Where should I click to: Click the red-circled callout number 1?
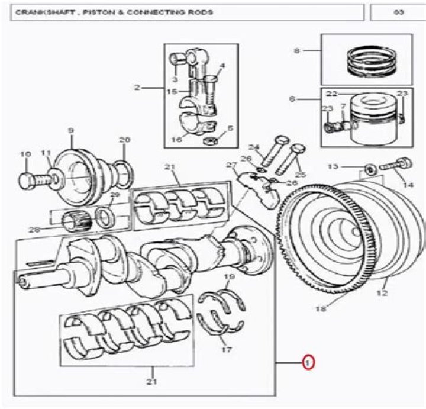[308, 362]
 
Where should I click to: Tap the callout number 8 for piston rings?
[297, 51]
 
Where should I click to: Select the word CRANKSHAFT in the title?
[46, 12]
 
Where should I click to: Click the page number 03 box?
[398, 12]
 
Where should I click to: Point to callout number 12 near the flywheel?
[382, 293]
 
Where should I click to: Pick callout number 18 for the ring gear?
[321, 309]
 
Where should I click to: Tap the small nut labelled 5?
[209, 141]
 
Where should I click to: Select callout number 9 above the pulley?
[70, 131]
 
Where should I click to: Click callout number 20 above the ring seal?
[125, 140]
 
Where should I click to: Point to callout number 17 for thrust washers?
[227, 349]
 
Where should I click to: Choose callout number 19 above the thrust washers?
[230, 276]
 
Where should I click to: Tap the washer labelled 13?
[370, 169]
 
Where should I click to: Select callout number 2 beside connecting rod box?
[137, 88]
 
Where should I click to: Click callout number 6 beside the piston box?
[292, 99]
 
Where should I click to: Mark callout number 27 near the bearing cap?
[231, 165]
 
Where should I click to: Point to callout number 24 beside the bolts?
[254, 147]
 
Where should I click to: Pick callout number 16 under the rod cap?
[176, 140]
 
